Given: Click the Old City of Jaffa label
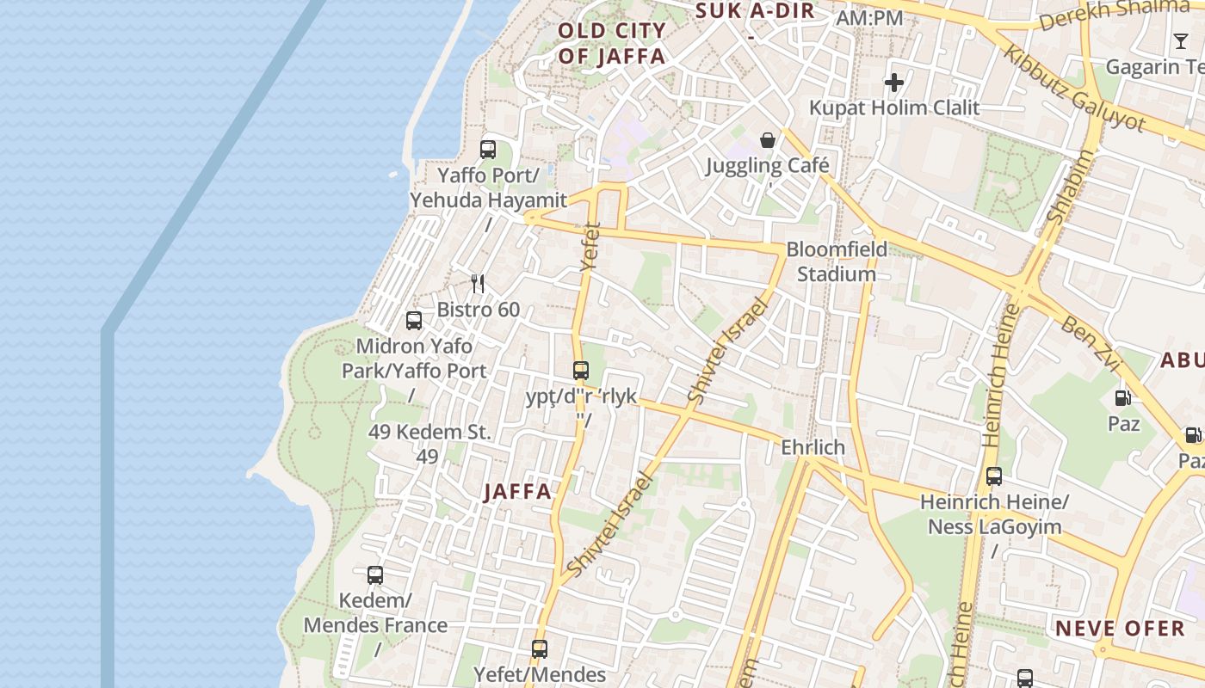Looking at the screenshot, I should pyautogui.click(x=612, y=44).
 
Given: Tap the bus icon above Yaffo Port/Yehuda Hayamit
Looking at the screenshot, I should pyautogui.click(x=488, y=150).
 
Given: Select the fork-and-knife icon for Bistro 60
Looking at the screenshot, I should pyautogui.click(x=479, y=284).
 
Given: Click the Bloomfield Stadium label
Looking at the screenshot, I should pyautogui.click(x=837, y=262).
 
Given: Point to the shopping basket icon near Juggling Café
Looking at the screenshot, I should pyautogui.click(x=767, y=140).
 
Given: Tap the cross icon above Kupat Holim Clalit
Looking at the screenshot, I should pyautogui.click(x=894, y=83).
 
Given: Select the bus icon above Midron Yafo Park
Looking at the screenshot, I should pyautogui.click(x=414, y=321).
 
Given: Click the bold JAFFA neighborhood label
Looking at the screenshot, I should pyautogui.click(x=517, y=492).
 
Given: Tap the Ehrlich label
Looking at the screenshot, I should pyautogui.click(x=813, y=448).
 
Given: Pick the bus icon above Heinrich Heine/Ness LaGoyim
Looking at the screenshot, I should pyautogui.click(x=994, y=476).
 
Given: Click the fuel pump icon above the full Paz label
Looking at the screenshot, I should pyautogui.click(x=1123, y=397).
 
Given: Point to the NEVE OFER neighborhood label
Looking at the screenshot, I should pyautogui.click(x=1121, y=629).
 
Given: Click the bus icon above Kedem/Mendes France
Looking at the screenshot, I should pyautogui.click(x=375, y=575).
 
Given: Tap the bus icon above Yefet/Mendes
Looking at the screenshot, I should pyautogui.click(x=540, y=649).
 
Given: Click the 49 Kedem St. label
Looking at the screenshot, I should pyautogui.click(x=429, y=432).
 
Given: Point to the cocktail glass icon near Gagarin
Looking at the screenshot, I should pyautogui.click(x=1181, y=40).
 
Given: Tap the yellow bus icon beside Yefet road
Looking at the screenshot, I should pyautogui.click(x=581, y=371).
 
